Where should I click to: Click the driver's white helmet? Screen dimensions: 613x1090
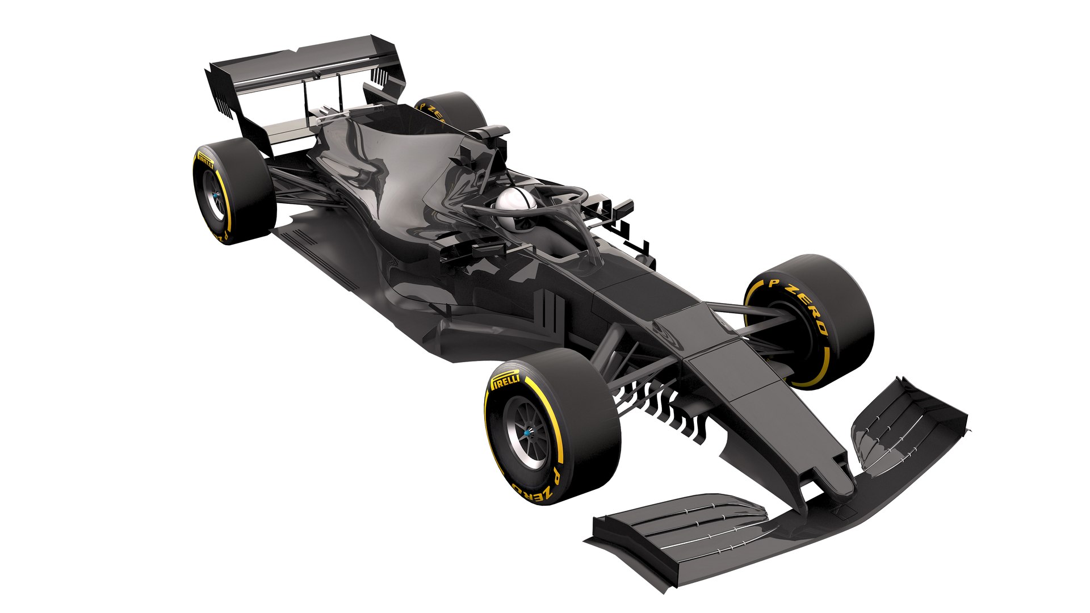click(x=514, y=201)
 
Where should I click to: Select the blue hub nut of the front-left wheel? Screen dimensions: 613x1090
click(x=526, y=433)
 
